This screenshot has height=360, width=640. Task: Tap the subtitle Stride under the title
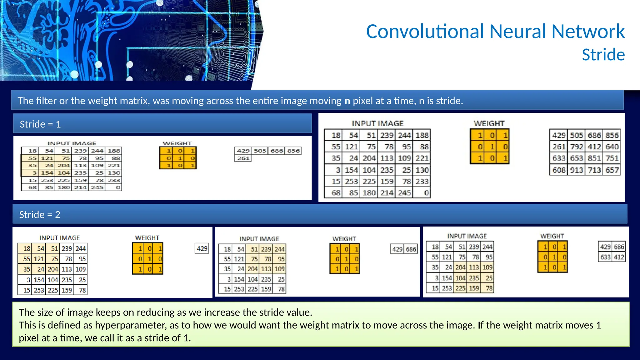pos(603,55)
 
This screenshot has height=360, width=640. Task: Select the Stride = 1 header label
pos(40,124)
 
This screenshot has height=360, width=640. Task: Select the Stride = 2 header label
pos(40,215)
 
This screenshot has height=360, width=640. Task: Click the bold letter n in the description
pos(347,101)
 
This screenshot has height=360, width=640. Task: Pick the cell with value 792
pos(577,147)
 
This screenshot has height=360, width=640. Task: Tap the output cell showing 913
pos(577,170)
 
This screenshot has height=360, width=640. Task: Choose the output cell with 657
pos(612,170)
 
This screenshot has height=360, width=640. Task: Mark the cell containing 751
pos(612,158)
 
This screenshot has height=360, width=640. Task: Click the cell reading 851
pos(594,158)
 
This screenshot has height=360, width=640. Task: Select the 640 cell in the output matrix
pos(612,147)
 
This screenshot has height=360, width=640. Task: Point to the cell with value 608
pos(559,170)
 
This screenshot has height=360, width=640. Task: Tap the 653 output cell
pos(577,158)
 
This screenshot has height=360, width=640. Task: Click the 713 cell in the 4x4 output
pos(594,170)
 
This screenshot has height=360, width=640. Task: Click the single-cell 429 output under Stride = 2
pos(202,249)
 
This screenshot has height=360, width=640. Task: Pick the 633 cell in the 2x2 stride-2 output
pos(605,257)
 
